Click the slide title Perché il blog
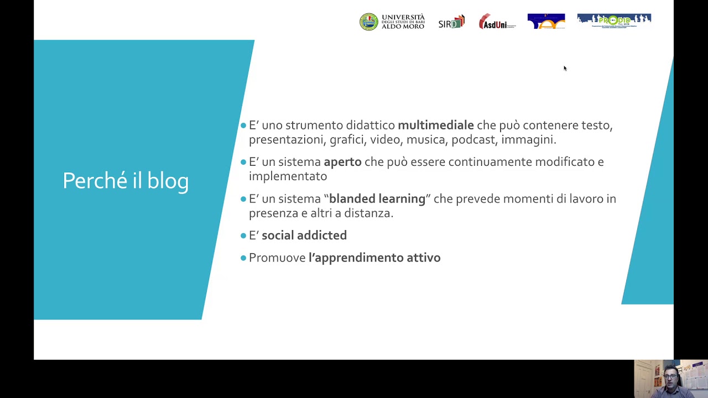point(126,181)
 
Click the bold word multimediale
point(435,125)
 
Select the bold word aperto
point(342,162)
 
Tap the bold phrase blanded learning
point(377,199)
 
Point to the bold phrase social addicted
point(304,235)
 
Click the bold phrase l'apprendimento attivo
point(374,258)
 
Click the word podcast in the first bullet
point(473,140)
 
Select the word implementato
point(288,176)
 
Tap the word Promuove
point(277,258)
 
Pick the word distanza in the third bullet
point(367,213)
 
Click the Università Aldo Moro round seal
point(369,22)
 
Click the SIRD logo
point(451,22)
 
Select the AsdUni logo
point(497,22)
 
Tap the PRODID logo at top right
point(614,21)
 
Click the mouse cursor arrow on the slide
point(565,68)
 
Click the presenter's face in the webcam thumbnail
point(670,378)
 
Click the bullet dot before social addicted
point(243,235)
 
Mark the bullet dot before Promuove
point(243,258)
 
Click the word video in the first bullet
point(385,140)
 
